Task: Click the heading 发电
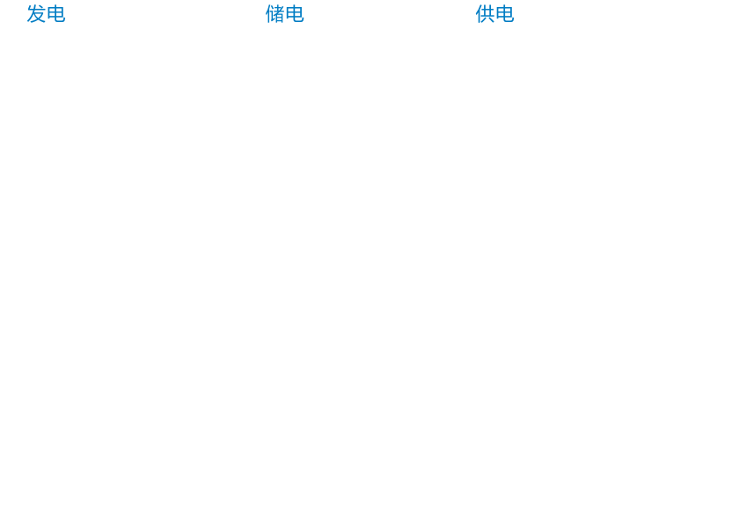(46, 14)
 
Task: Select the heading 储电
(285, 14)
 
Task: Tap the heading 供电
(494, 14)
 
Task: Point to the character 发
(36, 14)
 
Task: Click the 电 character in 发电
(55, 14)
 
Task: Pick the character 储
(275, 14)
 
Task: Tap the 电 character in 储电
(295, 14)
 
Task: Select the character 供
(485, 14)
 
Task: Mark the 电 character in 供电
(505, 14)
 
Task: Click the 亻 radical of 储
(267, 14)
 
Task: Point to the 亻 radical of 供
(479, 14)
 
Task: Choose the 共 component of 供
(488, 14)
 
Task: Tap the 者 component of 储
(280, 14)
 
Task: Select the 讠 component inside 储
(273, 14)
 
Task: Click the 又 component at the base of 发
(37, 18)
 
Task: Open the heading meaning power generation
(46, 14)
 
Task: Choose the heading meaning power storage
(285, 14)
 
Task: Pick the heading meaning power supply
(494, 14)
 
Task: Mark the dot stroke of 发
(40, 7)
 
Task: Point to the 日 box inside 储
(281, 18)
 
